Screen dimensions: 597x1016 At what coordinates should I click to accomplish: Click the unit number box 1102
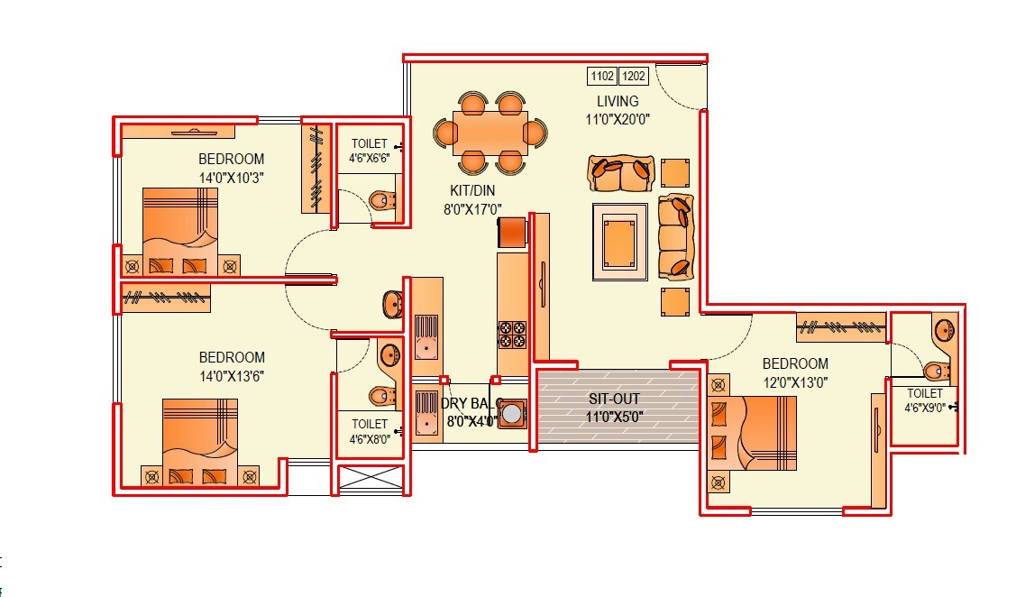coord(602,77)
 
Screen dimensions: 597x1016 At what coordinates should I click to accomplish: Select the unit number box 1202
coord(634,77)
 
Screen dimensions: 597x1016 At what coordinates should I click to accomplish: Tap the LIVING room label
coord(618,101)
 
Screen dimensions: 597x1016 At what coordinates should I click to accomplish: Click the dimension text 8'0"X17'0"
coord(471,208)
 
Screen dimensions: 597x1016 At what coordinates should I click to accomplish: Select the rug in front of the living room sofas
coord(619,242)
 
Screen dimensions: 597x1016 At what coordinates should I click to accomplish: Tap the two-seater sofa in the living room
coord(621,173)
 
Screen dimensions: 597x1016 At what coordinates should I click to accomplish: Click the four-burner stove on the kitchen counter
coord(512,334)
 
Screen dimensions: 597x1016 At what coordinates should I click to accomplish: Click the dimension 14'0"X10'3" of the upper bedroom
coord(232,178)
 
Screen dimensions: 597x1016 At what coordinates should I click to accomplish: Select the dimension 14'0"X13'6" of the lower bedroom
coord(232,375)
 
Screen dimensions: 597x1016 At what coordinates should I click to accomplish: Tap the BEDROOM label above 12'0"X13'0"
coord(795,363)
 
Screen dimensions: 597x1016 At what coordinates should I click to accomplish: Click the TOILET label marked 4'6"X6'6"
coord(369,143)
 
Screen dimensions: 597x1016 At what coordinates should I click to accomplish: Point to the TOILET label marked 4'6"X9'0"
coord(925,393)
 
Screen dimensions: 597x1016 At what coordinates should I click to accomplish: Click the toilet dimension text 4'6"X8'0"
coord(370,440)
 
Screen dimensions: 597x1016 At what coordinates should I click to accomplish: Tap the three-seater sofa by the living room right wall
coord(676,236)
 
